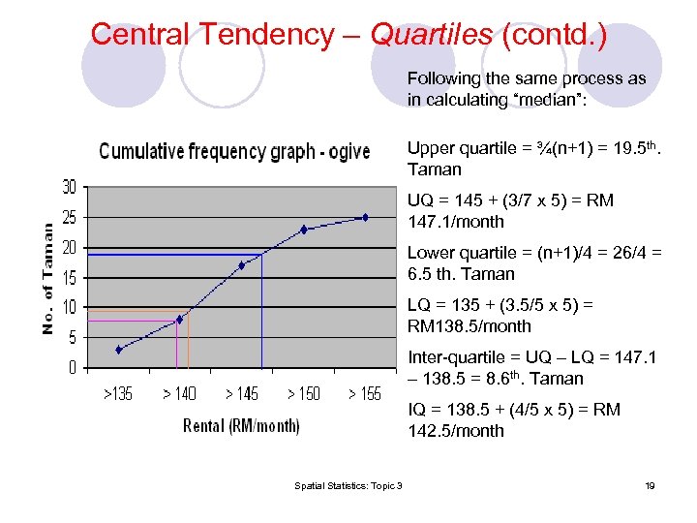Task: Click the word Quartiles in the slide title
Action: click(x=432, y=35)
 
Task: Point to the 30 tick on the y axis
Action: click(x=70, y=186)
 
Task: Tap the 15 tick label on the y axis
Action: click(x=70, y=278)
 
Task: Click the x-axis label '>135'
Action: click(x=118, y=394)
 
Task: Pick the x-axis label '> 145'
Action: click(x=242, y=394)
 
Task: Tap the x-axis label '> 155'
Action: click(x=365, y=394)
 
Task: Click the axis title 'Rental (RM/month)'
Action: click(x=241, y=426)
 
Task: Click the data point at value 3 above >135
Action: click(x=118, y=350)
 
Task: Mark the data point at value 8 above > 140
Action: click(x=180, y=319)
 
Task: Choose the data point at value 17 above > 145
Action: click(x=242, y=264)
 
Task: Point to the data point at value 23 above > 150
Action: click(x=304, y=230)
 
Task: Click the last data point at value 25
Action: click(x=365, y=217)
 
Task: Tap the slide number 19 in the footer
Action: click(x=650, y=485)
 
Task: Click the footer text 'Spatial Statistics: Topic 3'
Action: click(x=349, y=485)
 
